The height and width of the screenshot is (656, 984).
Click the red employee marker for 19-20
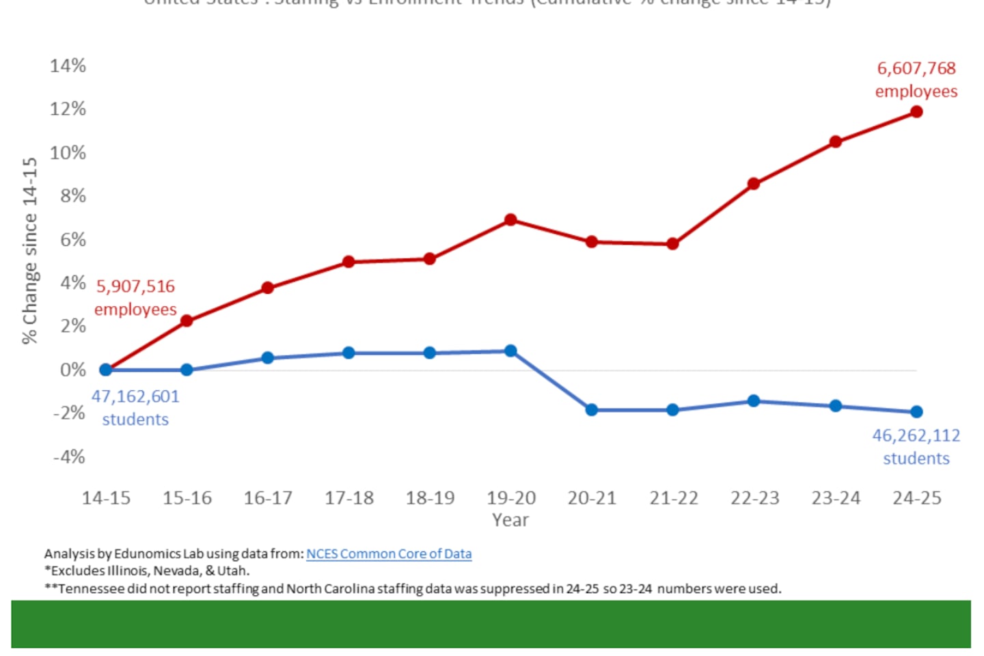click(x=510, y=220)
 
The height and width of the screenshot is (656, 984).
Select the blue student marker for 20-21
click(x=592, y=410)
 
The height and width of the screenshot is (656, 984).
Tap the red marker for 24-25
click(x=916, y=112)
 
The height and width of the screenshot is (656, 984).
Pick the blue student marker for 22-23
click(x=754, y=401)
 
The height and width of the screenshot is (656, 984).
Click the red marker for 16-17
click(x=268, y=288)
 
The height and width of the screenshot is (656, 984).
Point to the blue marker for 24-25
click(x=916, y=412)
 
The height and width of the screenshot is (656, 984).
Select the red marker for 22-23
click(x=754, y=184)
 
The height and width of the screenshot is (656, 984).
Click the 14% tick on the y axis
click(x=68, y=66)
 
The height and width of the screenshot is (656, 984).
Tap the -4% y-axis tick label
click(x=69, y=456)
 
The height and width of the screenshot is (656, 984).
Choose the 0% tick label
click(x=72, y=370)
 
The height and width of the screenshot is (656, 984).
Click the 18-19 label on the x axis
click(x=430, y=498)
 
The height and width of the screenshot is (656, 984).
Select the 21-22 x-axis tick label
click(x=674, y=498)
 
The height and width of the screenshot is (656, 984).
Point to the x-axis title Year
click(x=510, y=520)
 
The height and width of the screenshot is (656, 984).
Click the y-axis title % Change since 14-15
click(x=29, y=250)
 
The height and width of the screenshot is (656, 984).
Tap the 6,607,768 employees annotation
click(x=916, y=80)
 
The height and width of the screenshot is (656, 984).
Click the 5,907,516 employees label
click(x=135, y=298)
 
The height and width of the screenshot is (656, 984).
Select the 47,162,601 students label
click(x=135, y=408)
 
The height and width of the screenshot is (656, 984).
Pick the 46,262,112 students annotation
click(x=916, y=447)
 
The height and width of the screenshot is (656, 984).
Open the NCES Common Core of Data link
click(x=389, y=554)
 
